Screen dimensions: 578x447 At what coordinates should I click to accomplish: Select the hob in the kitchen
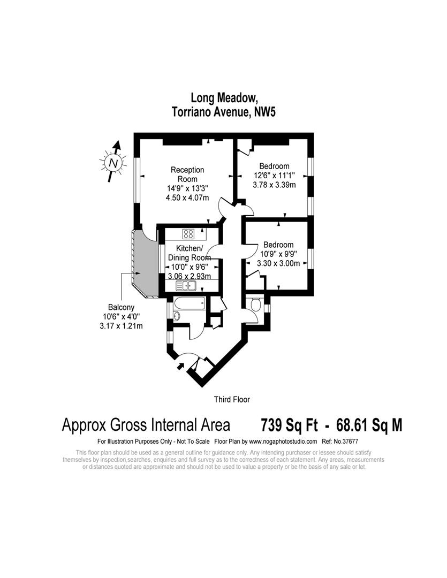point(188,233)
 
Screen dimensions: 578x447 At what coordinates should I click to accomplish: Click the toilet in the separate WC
point(255,306)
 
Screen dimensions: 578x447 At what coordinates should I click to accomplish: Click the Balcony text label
point(121,307)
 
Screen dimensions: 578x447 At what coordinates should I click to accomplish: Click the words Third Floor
point(232,399)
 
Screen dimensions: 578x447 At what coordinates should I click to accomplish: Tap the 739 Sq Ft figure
point(288,425)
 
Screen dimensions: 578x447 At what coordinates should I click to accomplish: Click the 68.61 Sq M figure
point(369,425)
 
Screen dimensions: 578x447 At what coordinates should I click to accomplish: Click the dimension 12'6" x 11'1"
point(274,175)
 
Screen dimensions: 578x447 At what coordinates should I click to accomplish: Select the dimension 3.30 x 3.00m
point(278,263)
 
